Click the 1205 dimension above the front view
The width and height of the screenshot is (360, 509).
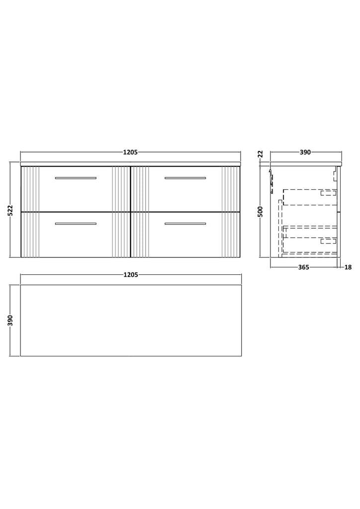click(130, 152)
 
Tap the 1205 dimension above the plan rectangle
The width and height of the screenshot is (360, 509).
click(130, 274)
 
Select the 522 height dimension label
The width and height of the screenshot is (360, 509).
click(10, 210)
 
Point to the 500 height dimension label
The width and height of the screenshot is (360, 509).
click(261, 211)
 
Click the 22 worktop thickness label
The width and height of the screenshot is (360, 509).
click(261, 154)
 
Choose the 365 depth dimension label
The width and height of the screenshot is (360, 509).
click(303, 267)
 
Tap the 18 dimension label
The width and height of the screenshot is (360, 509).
click(348, 267)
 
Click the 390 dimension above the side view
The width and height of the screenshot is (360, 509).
click(305, 152)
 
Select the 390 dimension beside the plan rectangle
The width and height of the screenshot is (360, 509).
click(10, 320)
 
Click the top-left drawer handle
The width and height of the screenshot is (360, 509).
click(76, 178)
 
